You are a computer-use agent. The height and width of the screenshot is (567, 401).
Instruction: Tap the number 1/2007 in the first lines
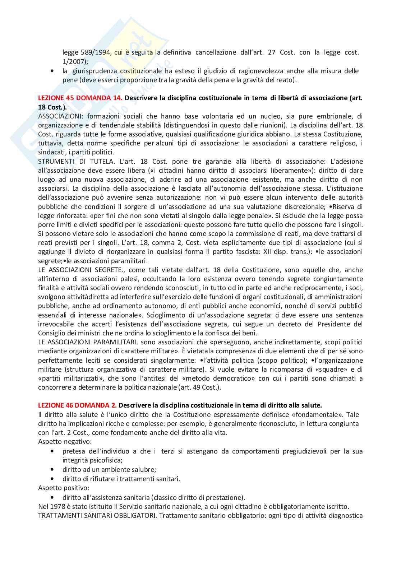point(73,62)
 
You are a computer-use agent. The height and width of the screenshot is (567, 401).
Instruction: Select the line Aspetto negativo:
point(65,441)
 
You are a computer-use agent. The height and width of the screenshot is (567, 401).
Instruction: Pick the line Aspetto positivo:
point(64,488)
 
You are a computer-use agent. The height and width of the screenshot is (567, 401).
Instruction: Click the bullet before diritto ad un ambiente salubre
point(53,469)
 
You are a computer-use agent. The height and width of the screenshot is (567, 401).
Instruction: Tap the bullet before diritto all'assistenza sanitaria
point(53,497)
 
